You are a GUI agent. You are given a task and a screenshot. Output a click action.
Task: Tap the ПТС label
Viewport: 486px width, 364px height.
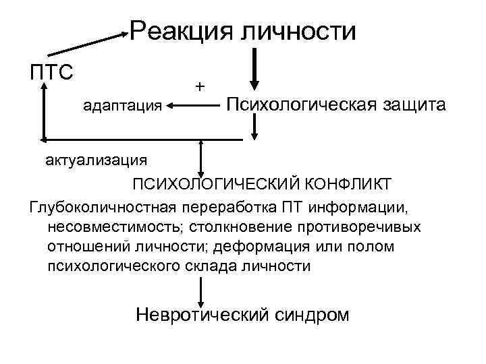tap(51, 71)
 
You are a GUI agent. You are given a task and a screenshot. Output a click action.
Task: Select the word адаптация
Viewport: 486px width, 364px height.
tap(122, 105)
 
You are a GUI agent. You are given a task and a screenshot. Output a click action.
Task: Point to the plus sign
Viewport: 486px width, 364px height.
tap(199, 86)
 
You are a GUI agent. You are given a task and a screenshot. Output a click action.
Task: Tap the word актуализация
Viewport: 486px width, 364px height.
tap(97, 160)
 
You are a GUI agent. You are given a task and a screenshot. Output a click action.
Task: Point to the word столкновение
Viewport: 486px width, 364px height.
tap(240, 225)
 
